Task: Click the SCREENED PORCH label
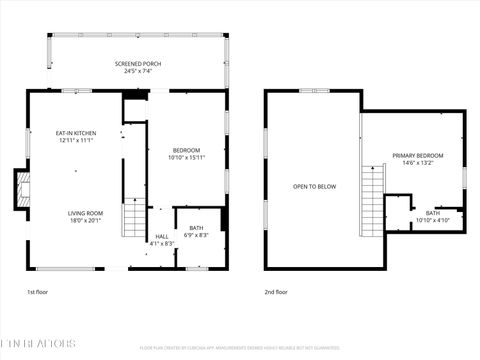pos(137,63)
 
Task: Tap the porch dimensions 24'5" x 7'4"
pos(137,71)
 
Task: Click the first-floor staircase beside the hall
pos(133,219)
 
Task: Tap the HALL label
pos(161,236)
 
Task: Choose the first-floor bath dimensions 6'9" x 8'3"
pos(195,236)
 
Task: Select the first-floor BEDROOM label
pos(187,150)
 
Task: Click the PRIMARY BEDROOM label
pos(417,156)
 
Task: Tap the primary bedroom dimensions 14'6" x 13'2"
pos(417,164)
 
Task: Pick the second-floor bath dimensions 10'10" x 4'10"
pos(432,220)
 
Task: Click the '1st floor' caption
pos(37,292)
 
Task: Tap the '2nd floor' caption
pos(275,292)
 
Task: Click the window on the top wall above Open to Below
pos(312,91)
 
